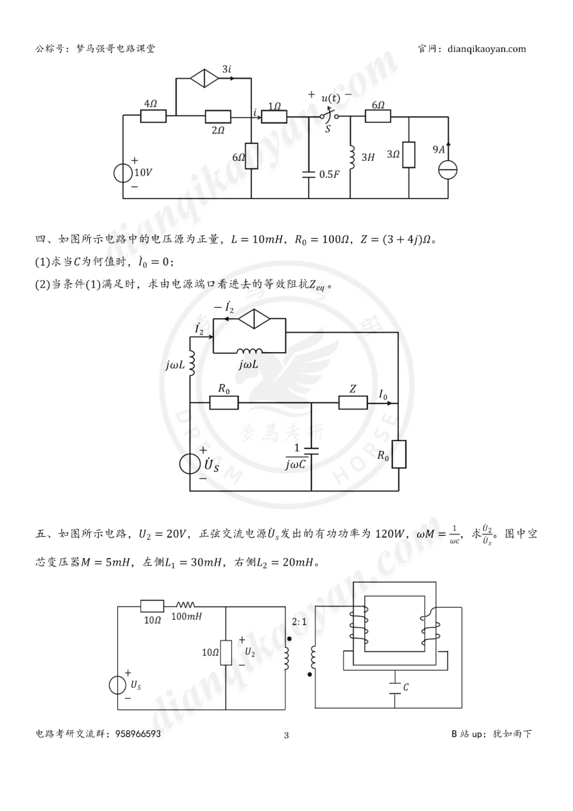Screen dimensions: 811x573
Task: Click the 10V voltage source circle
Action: coord(123,173)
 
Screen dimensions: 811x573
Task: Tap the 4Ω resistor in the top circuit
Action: coord(153,115)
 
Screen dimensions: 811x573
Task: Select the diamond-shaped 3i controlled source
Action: coord(204,78)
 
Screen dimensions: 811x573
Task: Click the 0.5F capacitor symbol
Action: coord(309,174)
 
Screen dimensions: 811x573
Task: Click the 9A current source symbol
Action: coord(448,170)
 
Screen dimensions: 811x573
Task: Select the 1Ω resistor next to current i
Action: coord(274,116)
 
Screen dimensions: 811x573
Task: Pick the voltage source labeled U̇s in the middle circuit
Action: coord(189,464)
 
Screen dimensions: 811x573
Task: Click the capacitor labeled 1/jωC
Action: coord(311,453)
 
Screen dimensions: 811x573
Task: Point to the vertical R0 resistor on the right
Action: coord(398,454)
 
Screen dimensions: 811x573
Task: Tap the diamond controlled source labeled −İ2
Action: coord(254,319)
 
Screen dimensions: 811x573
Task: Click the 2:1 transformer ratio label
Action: coord(299,621)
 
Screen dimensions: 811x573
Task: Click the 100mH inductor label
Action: coord(186,617)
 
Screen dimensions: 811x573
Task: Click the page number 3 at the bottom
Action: coord(286,735)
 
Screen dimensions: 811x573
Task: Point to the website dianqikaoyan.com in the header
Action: coord(487,49)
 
